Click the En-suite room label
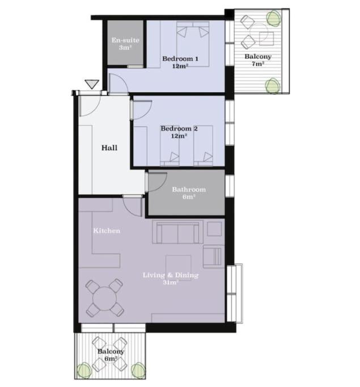point(125,44)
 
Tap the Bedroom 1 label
point(180,62)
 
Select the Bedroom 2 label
point(179,132)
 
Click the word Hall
point(109,148)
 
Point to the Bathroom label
point(189,193)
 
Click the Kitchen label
point(107,231)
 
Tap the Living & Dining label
point(171,278)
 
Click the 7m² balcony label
point(258,60)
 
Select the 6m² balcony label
point(111,355)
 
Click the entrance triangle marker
point(92,84)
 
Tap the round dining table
point(105,299)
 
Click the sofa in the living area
point(177,232)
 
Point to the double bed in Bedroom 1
point(193,44)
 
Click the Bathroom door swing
point(156,182)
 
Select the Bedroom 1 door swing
point(118,84)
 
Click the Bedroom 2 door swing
point(142,110)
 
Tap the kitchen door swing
point(133,206)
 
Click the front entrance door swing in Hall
point(90,105)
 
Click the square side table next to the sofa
point(214,229)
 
